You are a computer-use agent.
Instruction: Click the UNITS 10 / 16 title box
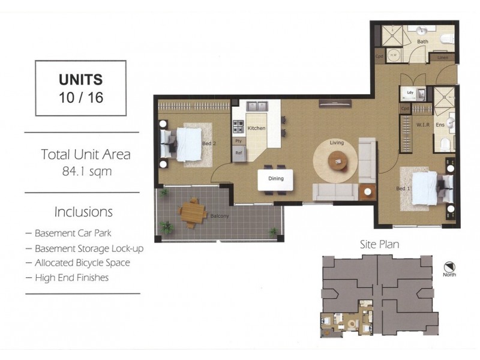point(80,88)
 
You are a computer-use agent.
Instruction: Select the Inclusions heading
point(83,212)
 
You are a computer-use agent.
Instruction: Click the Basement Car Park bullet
point(74,233)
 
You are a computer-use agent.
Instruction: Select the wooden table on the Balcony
point(193,212)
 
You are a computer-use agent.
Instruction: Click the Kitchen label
point(256,128)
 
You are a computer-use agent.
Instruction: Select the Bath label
point(423,42)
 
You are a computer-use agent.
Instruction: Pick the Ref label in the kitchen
point(238,152)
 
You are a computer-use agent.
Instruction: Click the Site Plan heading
point(379,245)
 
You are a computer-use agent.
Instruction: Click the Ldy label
point(410,93)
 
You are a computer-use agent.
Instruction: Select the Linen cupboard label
point(442,58)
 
